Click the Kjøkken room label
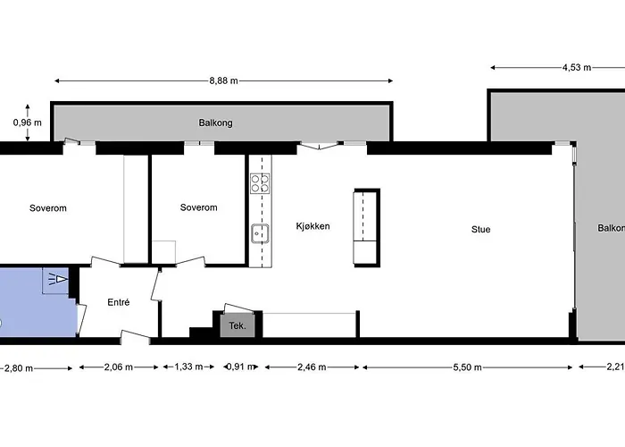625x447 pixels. tap(312, 226)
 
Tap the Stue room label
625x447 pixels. tap(480, 230)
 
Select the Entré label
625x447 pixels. tap(119, 302)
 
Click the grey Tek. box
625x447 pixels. tap(237, 326)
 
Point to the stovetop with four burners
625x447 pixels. tap(260, 183)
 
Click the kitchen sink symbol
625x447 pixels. tap(260, 235)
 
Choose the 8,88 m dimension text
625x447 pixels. tap(223, 80)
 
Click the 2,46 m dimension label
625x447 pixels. tap(311, 367)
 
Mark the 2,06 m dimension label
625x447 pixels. tap(119, 367)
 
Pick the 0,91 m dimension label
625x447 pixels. tap(237, 367)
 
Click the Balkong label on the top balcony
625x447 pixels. tap(215, 123)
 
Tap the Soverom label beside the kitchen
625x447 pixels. tap(198, 208)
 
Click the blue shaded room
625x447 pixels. tap(36, 304)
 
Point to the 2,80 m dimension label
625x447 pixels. tap(20, 367)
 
